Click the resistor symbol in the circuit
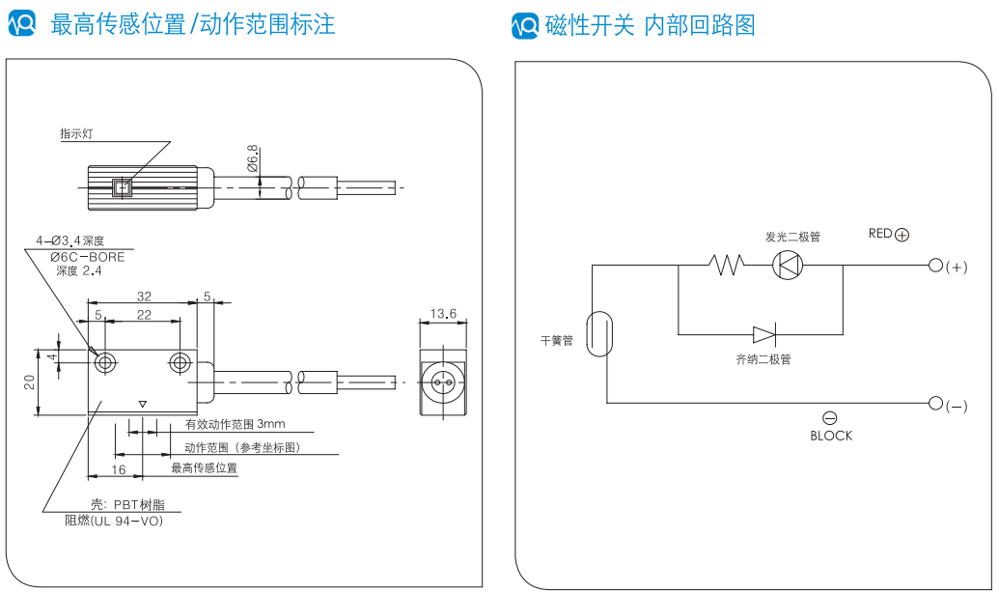coord(727,264)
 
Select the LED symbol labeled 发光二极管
coord(789,264)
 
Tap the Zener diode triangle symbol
coord(763,335)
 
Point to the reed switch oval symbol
coord(599,333)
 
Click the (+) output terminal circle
coord(934,265)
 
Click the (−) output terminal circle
coord(934,403)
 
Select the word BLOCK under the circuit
coord(831,436)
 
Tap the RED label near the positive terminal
coord(880,233)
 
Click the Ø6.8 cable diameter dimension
coord(253,158)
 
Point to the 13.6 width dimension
coord(443,314)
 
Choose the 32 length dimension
coord(144,297)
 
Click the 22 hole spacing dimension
coord(144,315)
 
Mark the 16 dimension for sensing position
coord(118,469)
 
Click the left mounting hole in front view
coord(105,363)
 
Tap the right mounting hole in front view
coord(180,363)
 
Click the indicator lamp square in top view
coord(122,187)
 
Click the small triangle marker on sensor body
coord(143,404)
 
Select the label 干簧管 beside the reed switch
coord(557,341)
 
